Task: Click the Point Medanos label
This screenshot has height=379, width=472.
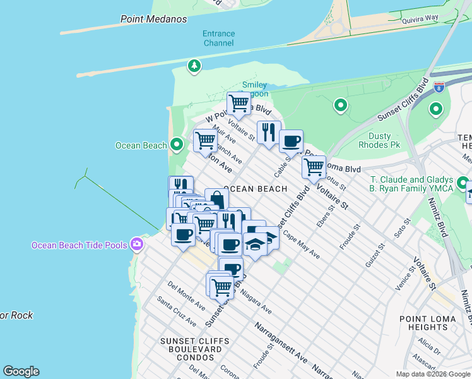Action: click(153, 19)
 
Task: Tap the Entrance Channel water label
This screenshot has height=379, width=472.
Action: click(218, 38)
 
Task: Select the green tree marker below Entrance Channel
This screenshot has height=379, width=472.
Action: click(194, 65)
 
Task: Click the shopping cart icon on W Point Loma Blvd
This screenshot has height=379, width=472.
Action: click(239, 102)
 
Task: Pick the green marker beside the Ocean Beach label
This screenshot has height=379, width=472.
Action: click(177, 145)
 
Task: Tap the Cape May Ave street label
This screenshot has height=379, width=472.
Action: click(301, 244)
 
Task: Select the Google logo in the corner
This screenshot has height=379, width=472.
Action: click(21, 371)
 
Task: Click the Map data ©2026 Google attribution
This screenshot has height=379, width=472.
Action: click(433, 374)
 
